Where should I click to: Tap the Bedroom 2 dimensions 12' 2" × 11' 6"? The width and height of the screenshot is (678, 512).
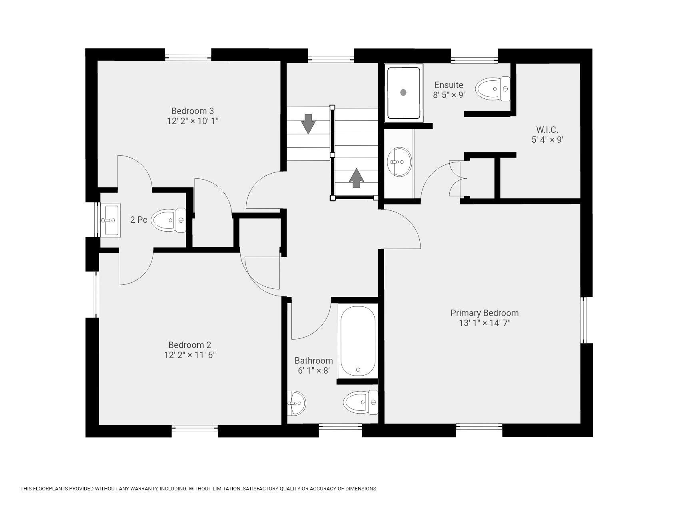pos(190,355)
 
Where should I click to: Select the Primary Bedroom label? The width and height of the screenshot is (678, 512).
pos(485,313)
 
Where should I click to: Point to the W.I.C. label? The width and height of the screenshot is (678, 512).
pos(547,130)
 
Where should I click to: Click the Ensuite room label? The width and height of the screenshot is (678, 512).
pos(449,85)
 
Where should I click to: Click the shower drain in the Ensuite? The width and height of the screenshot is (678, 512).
pos(403,92)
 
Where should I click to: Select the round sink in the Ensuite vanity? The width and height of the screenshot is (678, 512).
pos(400,162)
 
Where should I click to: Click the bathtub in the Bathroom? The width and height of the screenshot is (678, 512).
pos(357,341)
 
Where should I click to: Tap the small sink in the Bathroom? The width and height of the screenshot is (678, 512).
pos(296,403)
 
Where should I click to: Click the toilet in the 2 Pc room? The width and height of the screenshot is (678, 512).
pos(169,220)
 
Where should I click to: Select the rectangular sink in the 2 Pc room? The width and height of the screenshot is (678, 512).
pos(110,220)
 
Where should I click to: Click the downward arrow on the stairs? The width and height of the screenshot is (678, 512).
pos(308,124)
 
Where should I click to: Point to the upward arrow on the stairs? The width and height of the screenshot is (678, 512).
pos(357,178)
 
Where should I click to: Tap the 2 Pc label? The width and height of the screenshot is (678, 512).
pos(139,220)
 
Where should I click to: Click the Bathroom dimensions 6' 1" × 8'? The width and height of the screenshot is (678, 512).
pos(314,370)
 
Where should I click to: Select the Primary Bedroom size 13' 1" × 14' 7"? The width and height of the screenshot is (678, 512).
pos(485,323)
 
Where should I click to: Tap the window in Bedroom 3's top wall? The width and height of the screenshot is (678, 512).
pos(188,55)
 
